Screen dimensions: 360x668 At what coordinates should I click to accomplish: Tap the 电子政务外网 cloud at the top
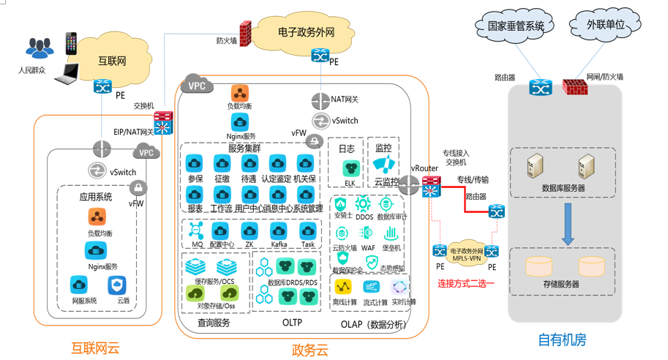pos(307,33)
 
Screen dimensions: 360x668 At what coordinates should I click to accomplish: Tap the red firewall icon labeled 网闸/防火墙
pos(574,88)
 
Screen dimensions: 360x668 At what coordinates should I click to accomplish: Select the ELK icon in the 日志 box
pos(350,168)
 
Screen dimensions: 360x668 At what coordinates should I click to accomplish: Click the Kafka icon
pos(279,230)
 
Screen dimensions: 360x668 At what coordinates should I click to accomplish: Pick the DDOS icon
pos(364,204)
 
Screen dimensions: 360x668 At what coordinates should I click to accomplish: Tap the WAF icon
pos(367,234)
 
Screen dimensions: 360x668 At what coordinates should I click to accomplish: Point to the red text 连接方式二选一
pos(466,282)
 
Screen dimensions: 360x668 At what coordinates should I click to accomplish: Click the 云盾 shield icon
pos(123,285)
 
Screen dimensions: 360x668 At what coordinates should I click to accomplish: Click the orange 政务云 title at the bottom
pos(309,348)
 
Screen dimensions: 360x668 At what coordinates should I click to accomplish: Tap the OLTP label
pos(290,322)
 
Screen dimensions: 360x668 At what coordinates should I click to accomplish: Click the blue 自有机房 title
pos(562,340)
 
